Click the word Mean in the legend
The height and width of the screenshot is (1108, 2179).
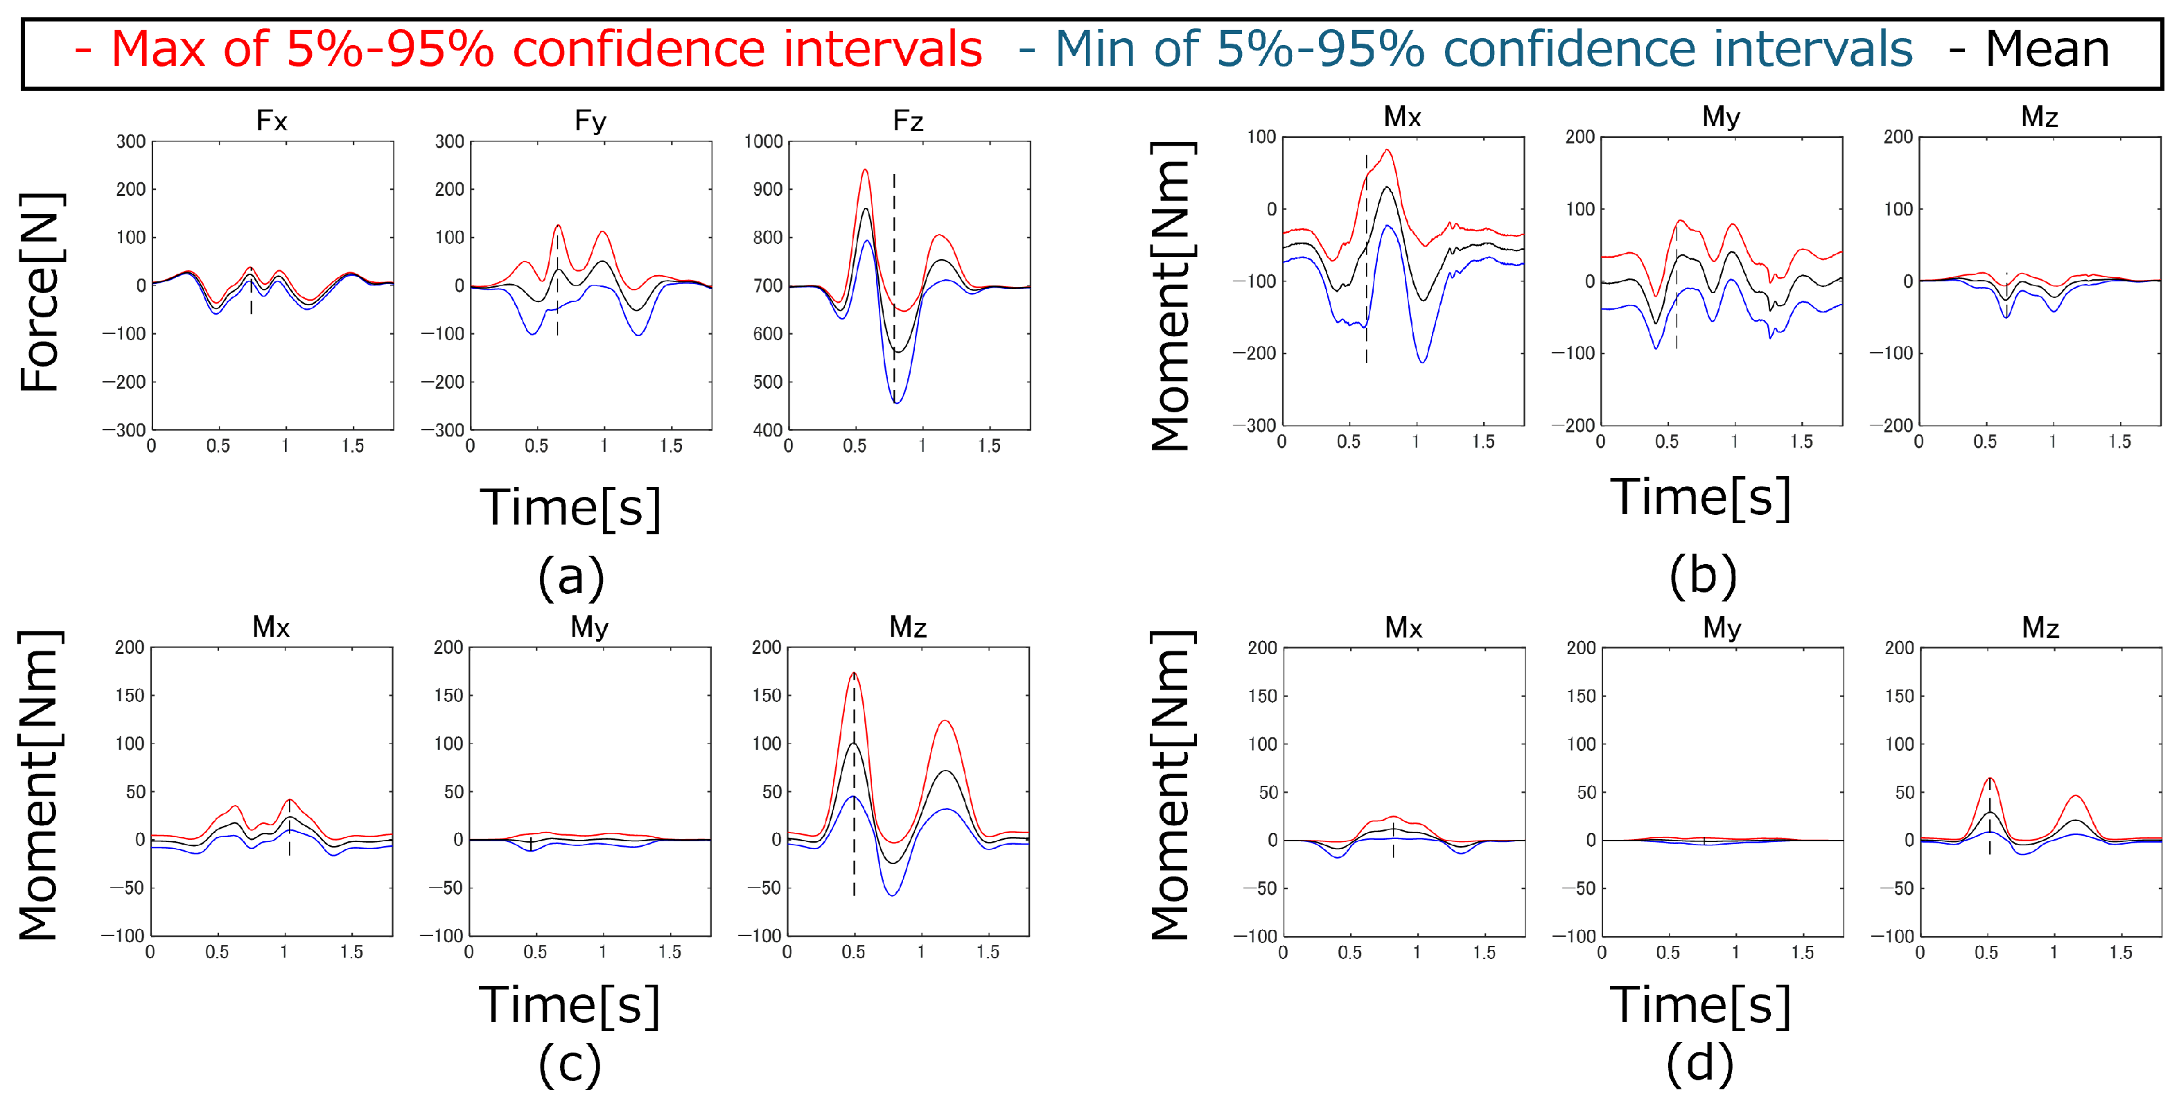click(2047, 49)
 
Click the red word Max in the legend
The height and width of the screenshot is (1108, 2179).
click(158, 49)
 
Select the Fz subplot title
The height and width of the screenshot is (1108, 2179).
click(908, 121)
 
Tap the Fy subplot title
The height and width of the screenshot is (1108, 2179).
click(590, 121)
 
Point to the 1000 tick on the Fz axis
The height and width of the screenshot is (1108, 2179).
click(763, 141)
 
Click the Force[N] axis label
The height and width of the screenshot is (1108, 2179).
click(39, 292)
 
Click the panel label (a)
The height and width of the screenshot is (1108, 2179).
click(571, 577)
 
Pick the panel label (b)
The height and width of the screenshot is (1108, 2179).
click(1703, 575)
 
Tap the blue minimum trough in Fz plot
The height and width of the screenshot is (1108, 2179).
click(897, 403)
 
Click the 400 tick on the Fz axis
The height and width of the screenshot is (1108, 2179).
click(768, 430)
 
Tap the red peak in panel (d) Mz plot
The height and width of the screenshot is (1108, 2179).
click(1990, 778)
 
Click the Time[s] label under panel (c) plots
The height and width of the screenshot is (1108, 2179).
click(569, 1005)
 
